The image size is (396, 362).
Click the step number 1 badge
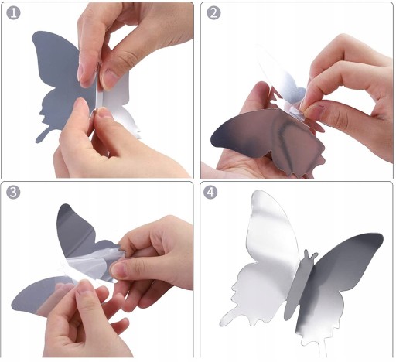coord(13,12)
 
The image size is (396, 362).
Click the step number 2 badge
coord(213,12)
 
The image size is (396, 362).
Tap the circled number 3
coord(13,192)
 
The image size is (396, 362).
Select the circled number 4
coord(210,192)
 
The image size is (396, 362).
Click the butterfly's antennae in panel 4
coord(310,254)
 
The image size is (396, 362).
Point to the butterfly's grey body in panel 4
coord(299,286)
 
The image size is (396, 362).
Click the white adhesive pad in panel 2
coord(294,111)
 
